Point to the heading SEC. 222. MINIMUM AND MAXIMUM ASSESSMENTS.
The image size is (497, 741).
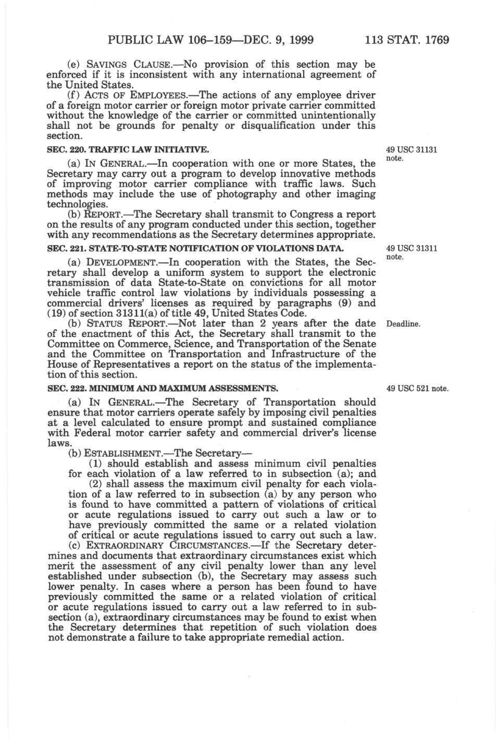163,388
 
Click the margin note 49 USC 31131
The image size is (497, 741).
412,150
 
